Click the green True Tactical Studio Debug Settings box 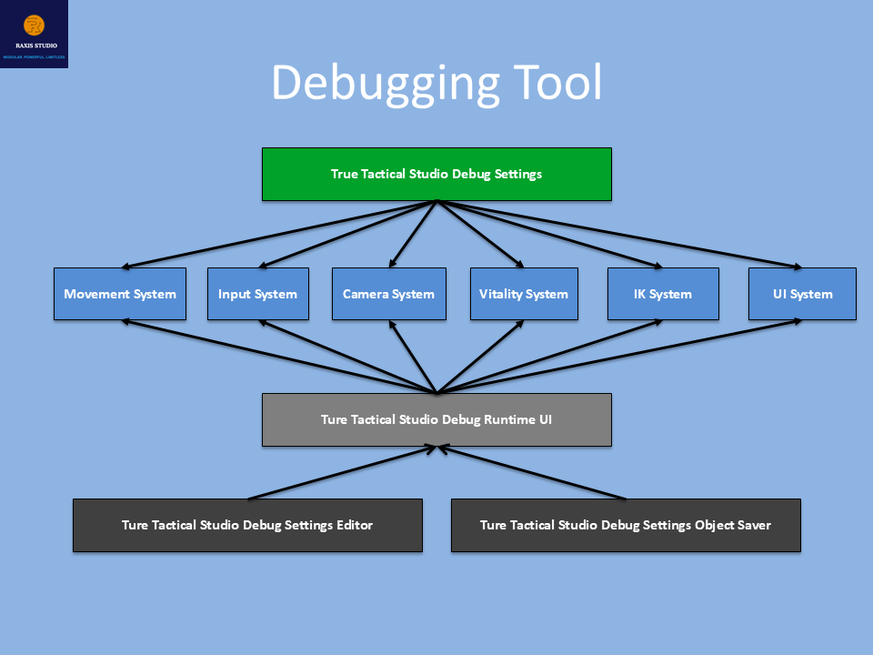tap(436, 174)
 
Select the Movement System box tap(120, 294)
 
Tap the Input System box tap(257, 294)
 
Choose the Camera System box tap(388, 294)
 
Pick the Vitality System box tap(523, 294)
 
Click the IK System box tap(662, 294)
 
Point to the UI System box tap(801, 294)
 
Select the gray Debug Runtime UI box tap(436, 419)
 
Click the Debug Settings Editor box tap(247, 525)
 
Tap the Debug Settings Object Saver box tap(626, 525)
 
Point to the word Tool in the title tap(557, 82)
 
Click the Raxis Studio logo tap(34, 34)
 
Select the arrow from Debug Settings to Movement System tap(273, 236)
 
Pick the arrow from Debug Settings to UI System tap(627, 237)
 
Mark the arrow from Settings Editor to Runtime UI tap(341, 473)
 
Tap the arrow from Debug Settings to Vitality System tap(482, 235)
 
